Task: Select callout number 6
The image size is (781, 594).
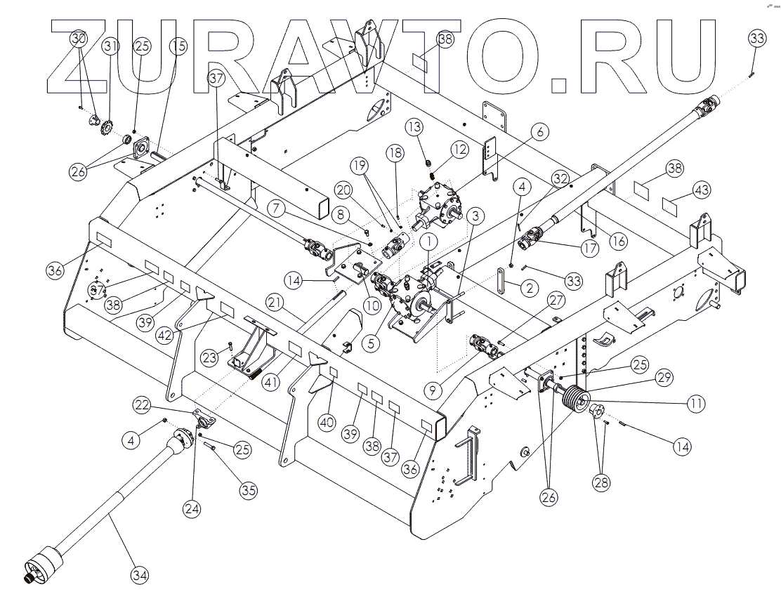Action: coord(540,131)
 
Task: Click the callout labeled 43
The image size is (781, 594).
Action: coord(702,190)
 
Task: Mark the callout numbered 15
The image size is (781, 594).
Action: coord(178,46)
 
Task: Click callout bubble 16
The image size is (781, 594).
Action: coord(618,241)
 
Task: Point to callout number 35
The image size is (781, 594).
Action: coord(248,491)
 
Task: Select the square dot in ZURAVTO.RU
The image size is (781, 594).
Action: coord(559,84)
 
